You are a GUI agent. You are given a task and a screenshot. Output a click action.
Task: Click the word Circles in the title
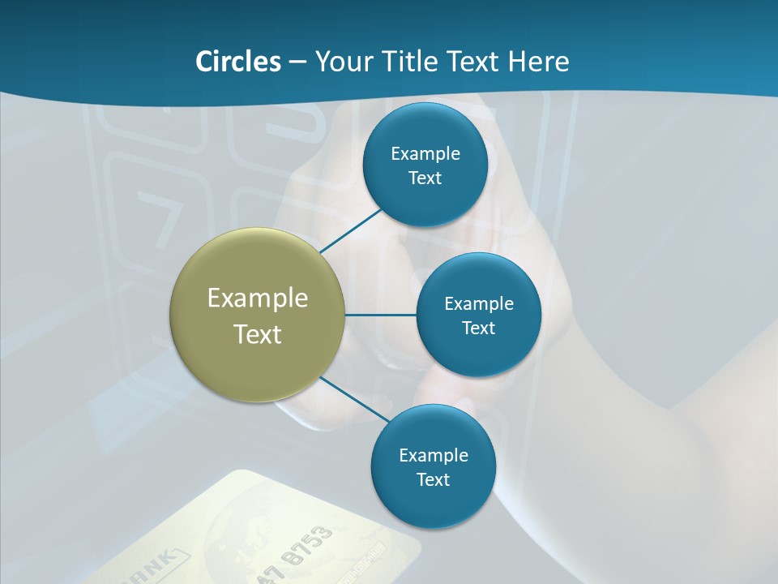(x=238, y=61)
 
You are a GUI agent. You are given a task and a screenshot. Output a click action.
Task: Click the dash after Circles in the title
(x=297, y=62)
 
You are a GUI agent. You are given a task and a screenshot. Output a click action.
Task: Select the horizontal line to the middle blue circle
(x=381, y=315)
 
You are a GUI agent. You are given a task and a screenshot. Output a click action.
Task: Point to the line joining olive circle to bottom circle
(x=353, y=400)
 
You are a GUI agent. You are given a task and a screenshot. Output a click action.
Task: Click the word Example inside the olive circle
(x=258, y=298)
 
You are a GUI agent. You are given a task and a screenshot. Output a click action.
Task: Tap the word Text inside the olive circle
(x=258, y=334)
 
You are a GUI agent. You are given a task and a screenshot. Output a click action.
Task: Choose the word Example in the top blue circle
(x=425, y=153)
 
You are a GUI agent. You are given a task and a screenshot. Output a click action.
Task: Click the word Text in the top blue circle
(x=425, y=178)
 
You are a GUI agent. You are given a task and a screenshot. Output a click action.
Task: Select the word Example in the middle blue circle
(x=479, y=303)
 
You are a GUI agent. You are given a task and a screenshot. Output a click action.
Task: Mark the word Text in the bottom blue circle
(x=433, y=479)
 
